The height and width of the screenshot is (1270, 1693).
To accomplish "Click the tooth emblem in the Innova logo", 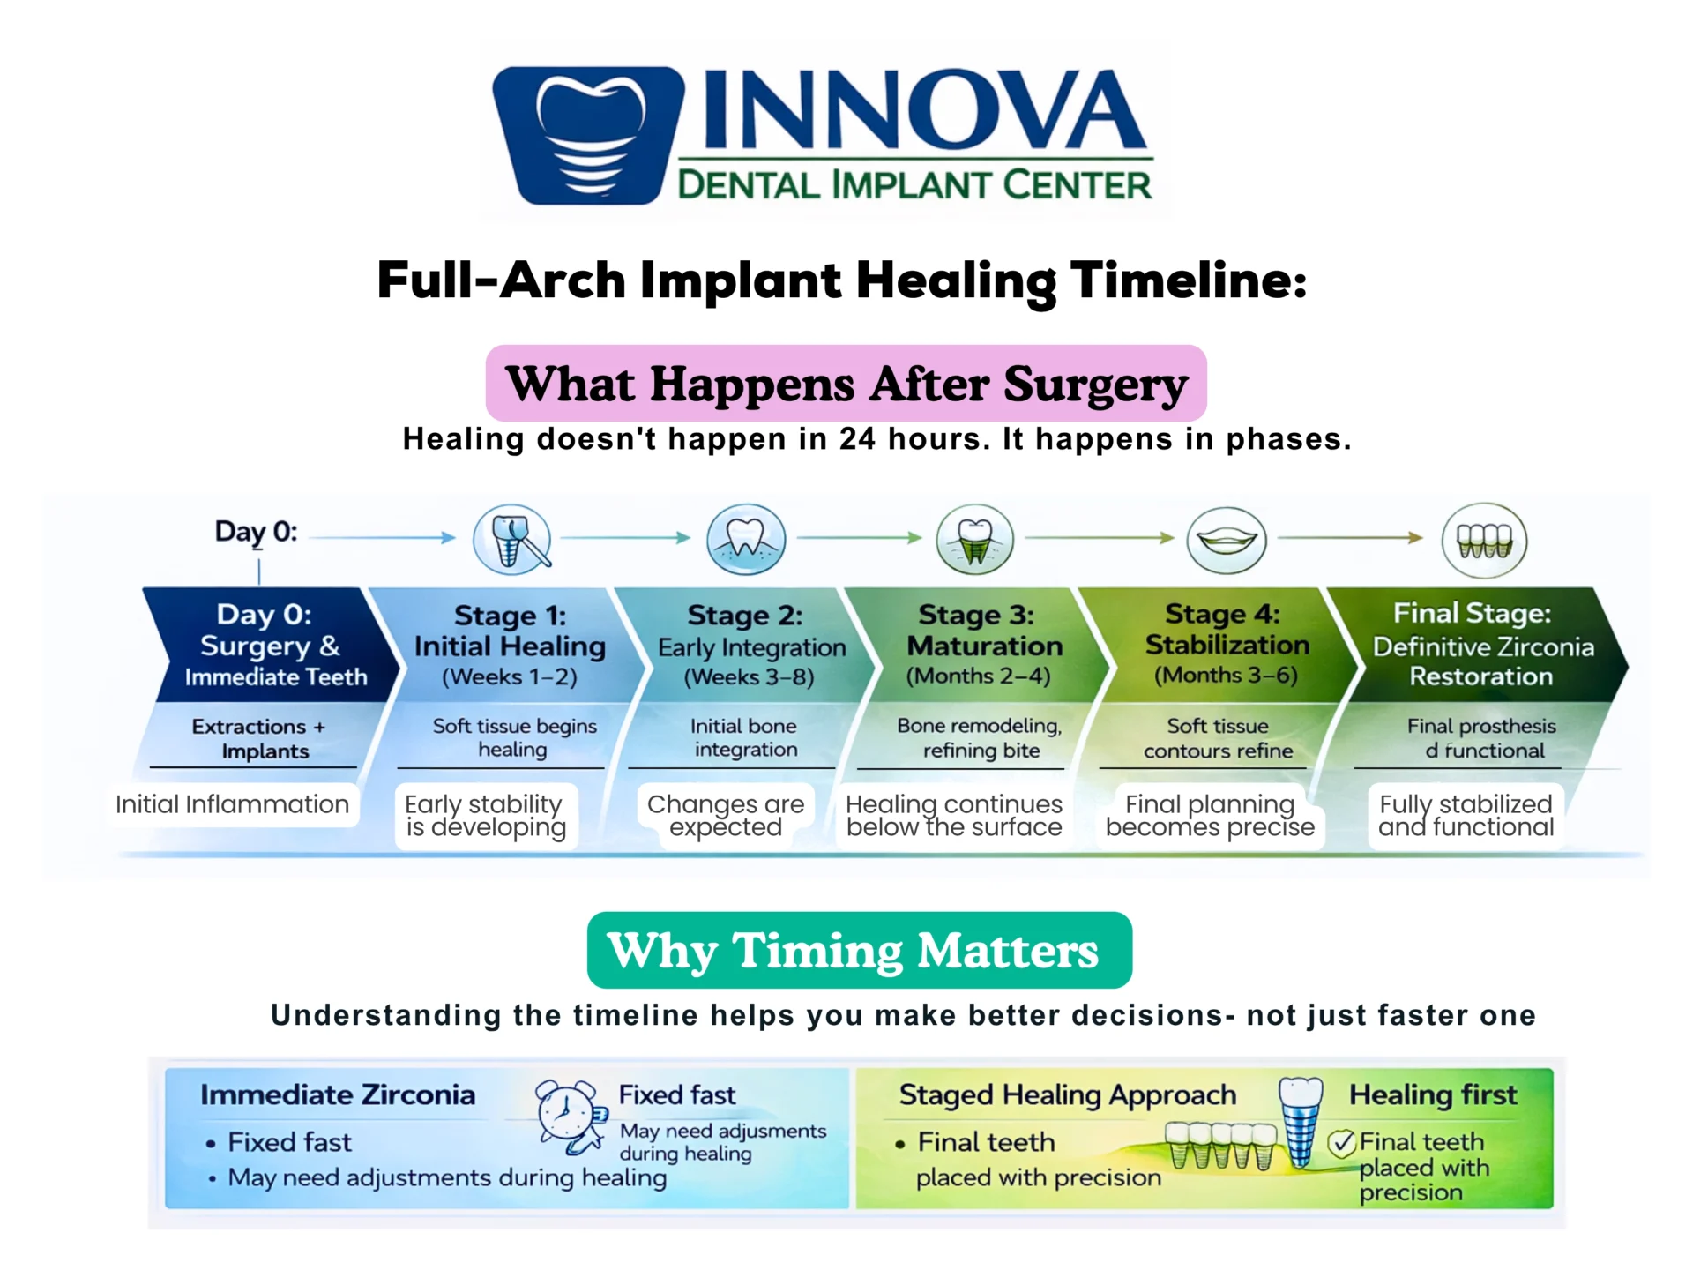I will (x=588, y=135).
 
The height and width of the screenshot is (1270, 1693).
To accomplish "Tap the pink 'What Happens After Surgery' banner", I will (x=846, y=384).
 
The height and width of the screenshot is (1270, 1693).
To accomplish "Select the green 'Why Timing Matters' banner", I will (x=859, y=950).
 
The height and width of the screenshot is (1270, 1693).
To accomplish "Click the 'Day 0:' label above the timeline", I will (x=256, y=532).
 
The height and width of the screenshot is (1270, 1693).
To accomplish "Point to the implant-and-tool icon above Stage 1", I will (x=512, y=540).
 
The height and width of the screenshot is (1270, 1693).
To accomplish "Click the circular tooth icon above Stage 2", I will (x=746, y=539).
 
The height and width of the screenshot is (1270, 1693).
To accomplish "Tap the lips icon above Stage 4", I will (x=1226, y=540).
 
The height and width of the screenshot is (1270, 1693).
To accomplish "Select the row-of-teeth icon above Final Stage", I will (x=1484, y=540).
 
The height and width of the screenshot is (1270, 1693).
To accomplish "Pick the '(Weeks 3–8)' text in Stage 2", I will (x=749, y=676).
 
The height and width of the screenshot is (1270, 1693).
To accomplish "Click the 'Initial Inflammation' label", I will (x=233, y=804).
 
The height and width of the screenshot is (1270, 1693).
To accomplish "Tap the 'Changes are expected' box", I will (x=726, y=816).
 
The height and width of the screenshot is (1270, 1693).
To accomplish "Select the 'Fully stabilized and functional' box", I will (x=1466, y=816).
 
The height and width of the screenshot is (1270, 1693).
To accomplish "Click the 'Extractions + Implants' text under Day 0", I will (x=257, y=739).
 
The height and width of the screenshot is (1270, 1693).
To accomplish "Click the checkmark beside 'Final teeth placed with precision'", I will (x=1341, y=1144).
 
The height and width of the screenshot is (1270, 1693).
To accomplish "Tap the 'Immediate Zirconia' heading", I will (x=338, y=1094).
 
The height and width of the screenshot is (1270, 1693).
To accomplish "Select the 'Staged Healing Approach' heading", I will (x=1067, y=1094).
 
